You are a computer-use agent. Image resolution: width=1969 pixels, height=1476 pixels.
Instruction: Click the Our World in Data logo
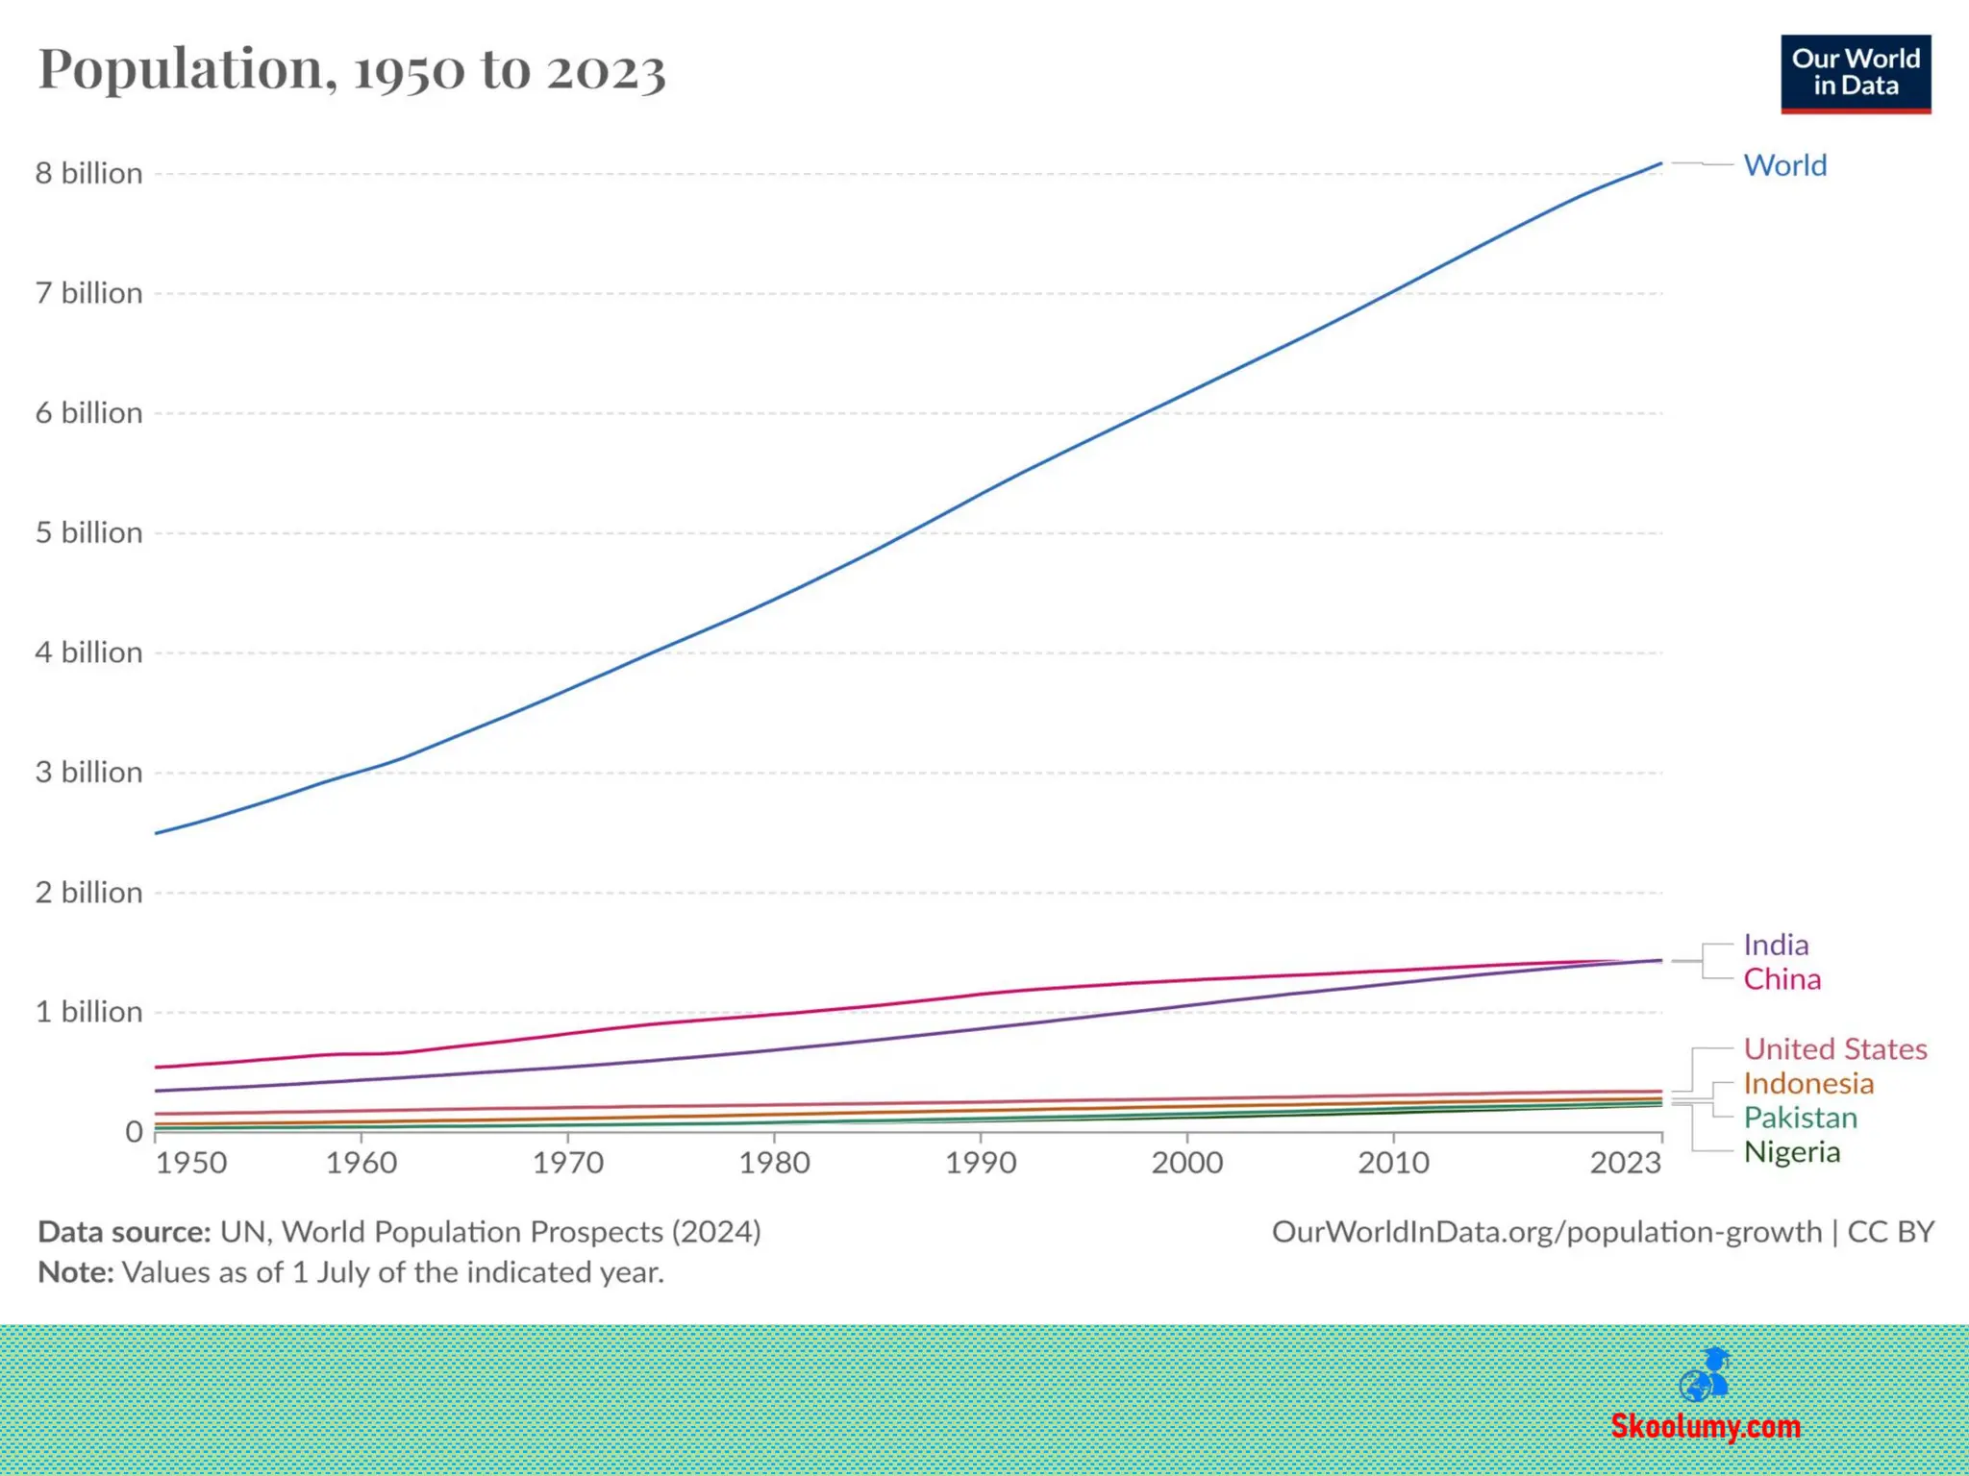coord(1855,74)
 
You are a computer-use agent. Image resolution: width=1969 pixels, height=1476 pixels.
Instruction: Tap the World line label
coord(1784,165)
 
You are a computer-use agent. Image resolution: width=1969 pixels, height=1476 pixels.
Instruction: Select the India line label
coord(1776,945)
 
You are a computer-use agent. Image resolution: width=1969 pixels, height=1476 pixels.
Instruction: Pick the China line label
coord(1782,979)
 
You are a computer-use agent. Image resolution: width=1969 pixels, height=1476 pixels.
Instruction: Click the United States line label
coord(1834,1048)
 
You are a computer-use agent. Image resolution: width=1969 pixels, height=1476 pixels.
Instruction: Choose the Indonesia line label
coord(1808,1083)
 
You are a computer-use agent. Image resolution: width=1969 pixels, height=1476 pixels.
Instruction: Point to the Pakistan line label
coord(1800,1118)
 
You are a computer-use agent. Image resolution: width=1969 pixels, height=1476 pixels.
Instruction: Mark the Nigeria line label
coord(1791,1152)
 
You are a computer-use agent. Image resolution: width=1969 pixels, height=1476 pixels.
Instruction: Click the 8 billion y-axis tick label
coord(88,173)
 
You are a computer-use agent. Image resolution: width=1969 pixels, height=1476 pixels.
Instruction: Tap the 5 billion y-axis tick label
coord(88,532)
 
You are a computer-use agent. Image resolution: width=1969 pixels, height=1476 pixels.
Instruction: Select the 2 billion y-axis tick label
coord(88,893)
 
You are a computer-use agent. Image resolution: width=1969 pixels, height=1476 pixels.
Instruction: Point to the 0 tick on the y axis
coord(134,1132)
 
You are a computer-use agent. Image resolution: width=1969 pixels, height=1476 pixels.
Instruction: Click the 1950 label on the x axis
coord(191,1163)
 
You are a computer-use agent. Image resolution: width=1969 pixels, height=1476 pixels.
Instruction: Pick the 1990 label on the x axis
coord(980,1163)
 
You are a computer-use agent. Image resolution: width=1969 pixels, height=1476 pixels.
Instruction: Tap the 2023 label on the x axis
coord(1625,1163)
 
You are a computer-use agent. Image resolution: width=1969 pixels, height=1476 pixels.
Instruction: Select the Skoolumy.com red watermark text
coord(1705,1426)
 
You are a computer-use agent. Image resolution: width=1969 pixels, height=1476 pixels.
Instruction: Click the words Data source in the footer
coord(124,1232)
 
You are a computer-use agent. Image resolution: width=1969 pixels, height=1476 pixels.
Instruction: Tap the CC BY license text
coord(1890,1232)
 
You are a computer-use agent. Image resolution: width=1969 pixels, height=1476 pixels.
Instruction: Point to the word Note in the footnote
coord(75,1272)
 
